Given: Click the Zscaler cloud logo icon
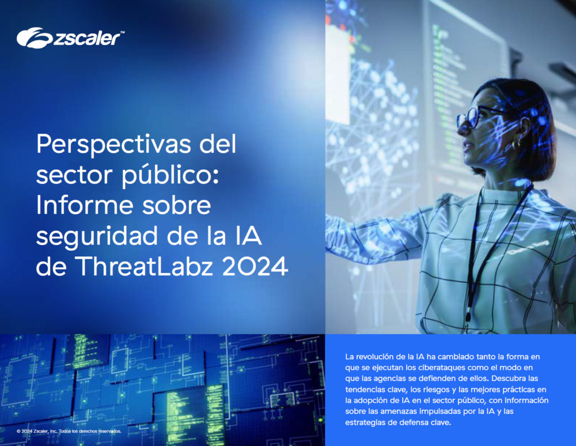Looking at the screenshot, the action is tap(35, 37).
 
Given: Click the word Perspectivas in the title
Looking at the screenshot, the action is tap(113, 145).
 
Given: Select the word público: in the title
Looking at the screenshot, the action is tap(170, 175).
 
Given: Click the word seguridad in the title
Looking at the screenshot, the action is tap(98, 237).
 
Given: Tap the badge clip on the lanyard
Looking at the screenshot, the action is tap(468, 316).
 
